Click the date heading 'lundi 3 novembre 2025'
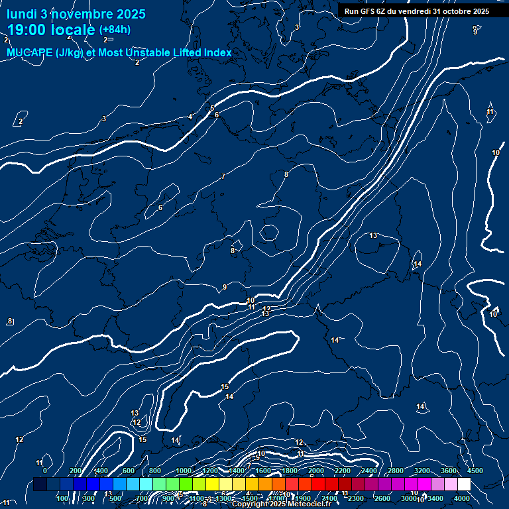(x=76, y=14)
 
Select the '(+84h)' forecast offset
(x=115, y=30)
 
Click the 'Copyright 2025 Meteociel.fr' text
(x=282, y=504)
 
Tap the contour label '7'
(x=223, y=176)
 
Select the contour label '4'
(x=190, y=117)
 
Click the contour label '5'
(x=212, y=108)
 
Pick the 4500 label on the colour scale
(x=475, y=471)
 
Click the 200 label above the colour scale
(x=75, y=471)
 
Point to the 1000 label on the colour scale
(x=183, y=471)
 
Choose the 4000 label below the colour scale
(x=462, y=498)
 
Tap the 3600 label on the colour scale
(x=448, y=471)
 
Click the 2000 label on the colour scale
(x=315, y=471)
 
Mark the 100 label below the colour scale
(x=62, y=498)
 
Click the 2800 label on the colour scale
(x=395, y=471)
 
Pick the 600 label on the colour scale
(x=128, y=471)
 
